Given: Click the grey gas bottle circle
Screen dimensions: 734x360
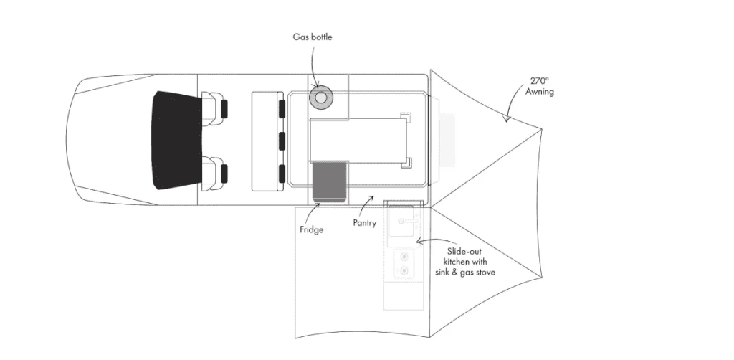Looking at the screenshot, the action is point(320,98).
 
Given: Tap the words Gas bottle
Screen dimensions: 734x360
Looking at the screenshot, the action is point(313,37).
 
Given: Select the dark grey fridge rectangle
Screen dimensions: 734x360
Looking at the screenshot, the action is point(328,181).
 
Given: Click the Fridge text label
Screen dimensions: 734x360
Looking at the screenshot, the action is point(311,230).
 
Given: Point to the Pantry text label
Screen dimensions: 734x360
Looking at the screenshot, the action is point(365,223).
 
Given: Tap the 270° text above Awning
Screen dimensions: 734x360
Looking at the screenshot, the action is point(539,80).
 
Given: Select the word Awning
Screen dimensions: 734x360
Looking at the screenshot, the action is point(539,92).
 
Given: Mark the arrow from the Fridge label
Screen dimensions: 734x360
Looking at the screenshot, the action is point(310,213).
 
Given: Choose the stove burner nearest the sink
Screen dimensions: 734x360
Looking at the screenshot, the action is point(403,257).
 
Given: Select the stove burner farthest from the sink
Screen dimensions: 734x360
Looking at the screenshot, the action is point(403,270).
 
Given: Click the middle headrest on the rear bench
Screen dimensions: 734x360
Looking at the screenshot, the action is point(282,141).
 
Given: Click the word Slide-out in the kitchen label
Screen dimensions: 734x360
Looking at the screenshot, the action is point(464,252).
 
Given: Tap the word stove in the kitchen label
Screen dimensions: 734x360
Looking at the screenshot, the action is point(484,272).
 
